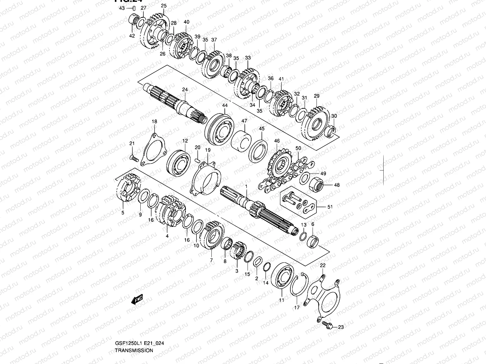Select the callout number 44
pos(224,105)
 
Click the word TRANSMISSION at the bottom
pos(134,350)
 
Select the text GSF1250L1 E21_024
pos(140,343)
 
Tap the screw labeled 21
pos(134,158)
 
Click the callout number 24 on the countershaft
pos(185,89)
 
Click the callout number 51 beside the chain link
pos(330,207)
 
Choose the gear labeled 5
pos(128,188)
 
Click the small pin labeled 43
pos(133,8)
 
